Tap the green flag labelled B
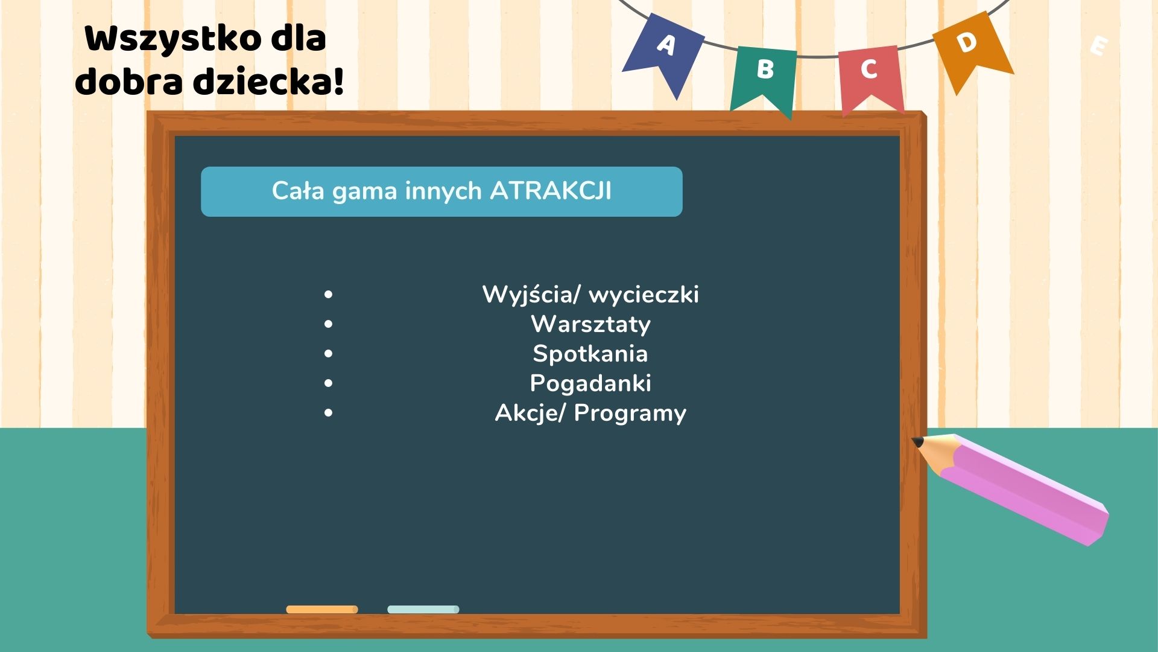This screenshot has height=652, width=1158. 764,75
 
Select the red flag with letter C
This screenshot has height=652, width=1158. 870,75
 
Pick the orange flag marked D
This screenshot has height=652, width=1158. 971,48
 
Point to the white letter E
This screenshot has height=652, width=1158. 1099,46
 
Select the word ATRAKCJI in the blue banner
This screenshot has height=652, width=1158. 551,191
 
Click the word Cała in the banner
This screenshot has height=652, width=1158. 298,191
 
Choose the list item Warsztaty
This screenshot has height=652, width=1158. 590,324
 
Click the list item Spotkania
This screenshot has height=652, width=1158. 590,354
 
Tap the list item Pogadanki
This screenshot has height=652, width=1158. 590,383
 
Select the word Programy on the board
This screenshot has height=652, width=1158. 630,414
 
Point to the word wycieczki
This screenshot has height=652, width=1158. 644,295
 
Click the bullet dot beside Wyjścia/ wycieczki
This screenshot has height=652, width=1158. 328,295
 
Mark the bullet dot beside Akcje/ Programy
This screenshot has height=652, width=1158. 328,413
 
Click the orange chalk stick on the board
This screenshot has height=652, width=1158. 322,610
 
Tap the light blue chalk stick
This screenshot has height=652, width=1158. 423,610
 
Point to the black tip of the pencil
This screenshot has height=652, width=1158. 917,443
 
